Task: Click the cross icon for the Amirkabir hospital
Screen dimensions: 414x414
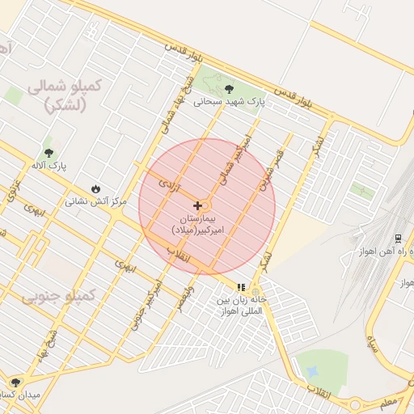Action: pos(198,206)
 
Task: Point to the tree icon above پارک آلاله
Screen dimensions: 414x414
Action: pos(49,152)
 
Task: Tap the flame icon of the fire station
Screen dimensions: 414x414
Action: pos(97,188)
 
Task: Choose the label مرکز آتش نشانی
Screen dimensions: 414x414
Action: pos(95,201)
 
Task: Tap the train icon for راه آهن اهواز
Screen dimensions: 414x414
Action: pos(398,239)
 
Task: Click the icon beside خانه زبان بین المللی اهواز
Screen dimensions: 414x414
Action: pos(240,287)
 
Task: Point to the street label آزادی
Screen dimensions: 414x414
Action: pos(168,184)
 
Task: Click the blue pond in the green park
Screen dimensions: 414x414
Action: pos(313,371)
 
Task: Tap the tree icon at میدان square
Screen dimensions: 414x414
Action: pos(15,382)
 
